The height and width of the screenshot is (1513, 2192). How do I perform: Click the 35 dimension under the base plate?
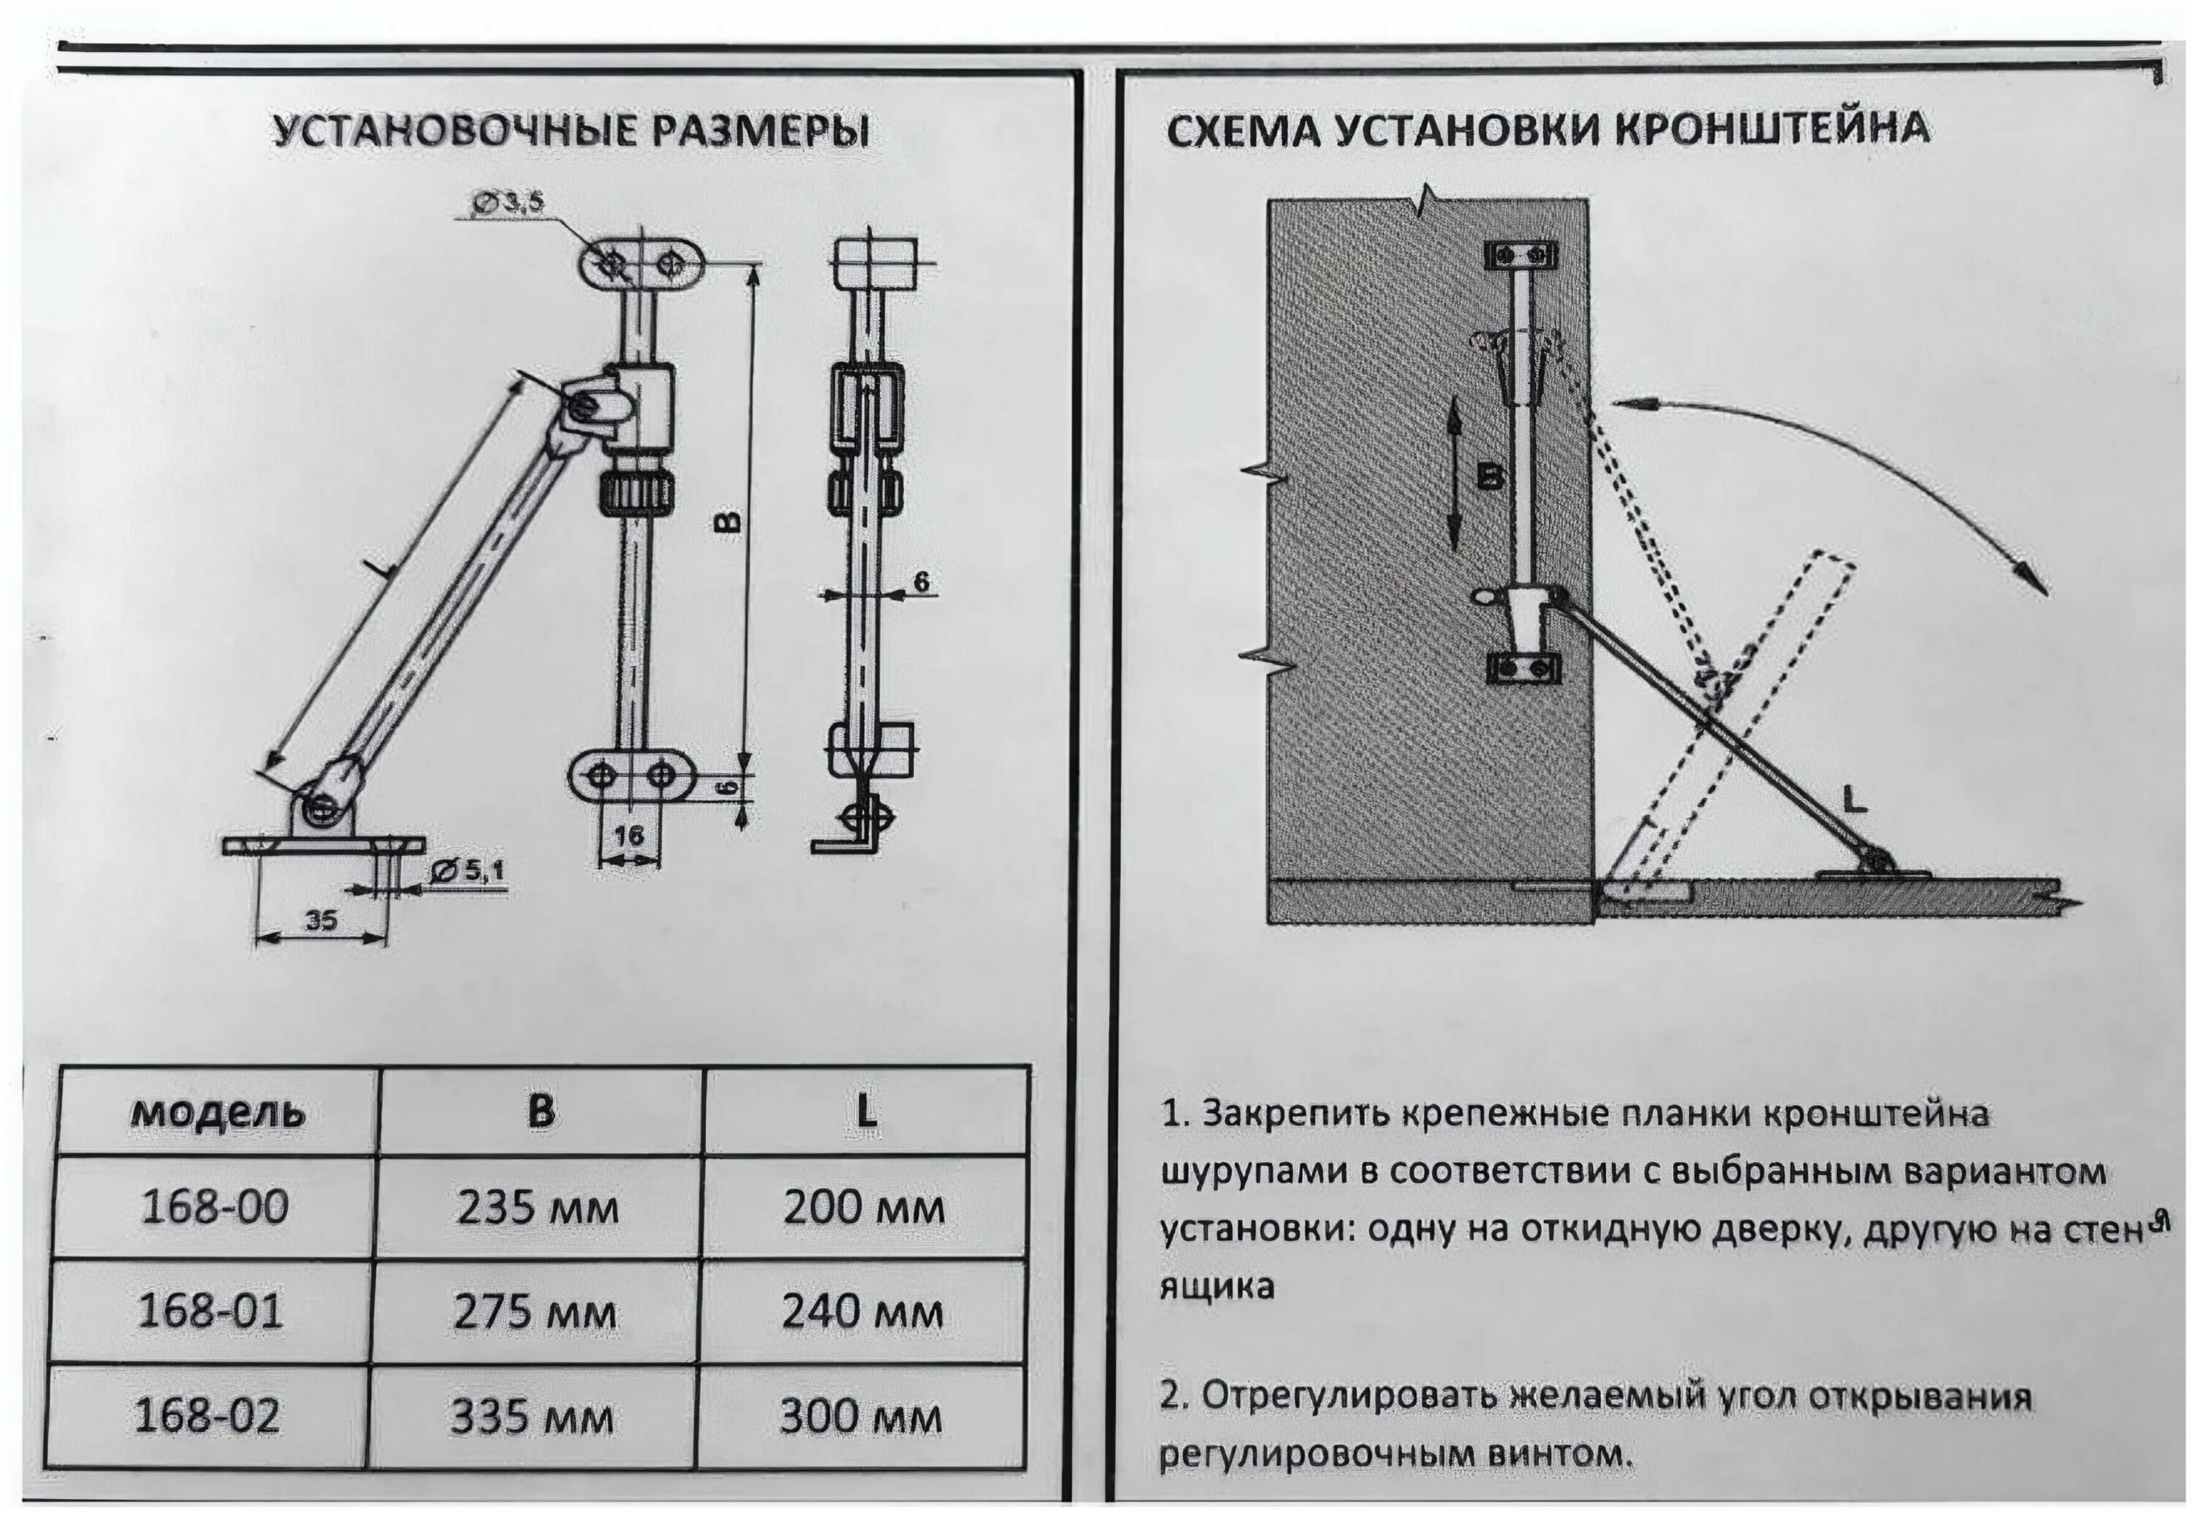322,919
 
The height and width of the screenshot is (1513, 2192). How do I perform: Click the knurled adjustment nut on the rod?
638,492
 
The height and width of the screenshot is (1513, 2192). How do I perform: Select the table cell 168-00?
214,1207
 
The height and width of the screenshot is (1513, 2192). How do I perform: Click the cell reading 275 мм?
536,1312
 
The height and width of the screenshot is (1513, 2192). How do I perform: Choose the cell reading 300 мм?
861,1417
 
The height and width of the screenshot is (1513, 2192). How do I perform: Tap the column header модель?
218,1111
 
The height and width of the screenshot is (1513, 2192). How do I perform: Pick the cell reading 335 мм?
533,1417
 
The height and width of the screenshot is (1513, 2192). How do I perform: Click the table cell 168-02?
208,1415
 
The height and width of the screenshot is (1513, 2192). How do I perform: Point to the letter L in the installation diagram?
1854,801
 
